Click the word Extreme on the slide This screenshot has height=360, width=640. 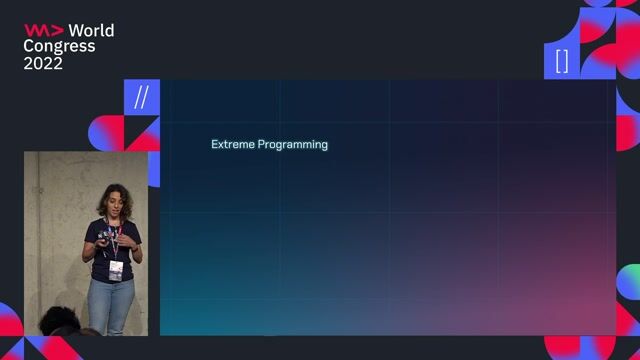pyautogui.click(x=232, y=144)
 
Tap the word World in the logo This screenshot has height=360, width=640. pyautogui.click(x=91, y=30)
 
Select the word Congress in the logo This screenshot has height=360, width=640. pyautogui.click(x=59, y=46)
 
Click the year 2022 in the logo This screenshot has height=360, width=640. pyautogui.click(x=43, y=63)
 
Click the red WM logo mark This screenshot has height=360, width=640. pyautogui.click(x=43, y=30)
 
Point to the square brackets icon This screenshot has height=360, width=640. pyautogui.click(x=561, y=61)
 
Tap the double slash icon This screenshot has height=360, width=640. pyautogui.click(x=141, y=98)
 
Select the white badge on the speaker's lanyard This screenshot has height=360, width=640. pyautogui.click(x=116, y=268)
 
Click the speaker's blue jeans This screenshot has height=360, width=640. pyautogui.click(x=110, y=305)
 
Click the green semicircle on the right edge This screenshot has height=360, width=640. pyautogui.click(x=629, y=281)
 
